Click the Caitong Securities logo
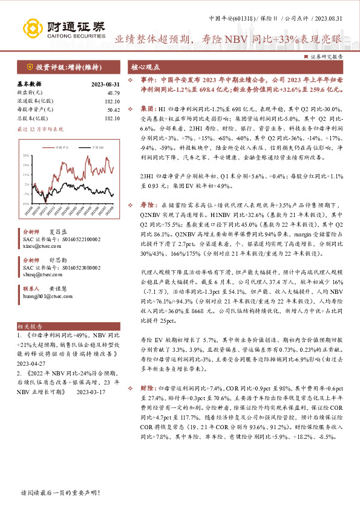pos(63,27)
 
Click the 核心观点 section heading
pos(146,66)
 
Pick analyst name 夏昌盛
pos(56,232)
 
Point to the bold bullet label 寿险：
pos(148,206)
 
